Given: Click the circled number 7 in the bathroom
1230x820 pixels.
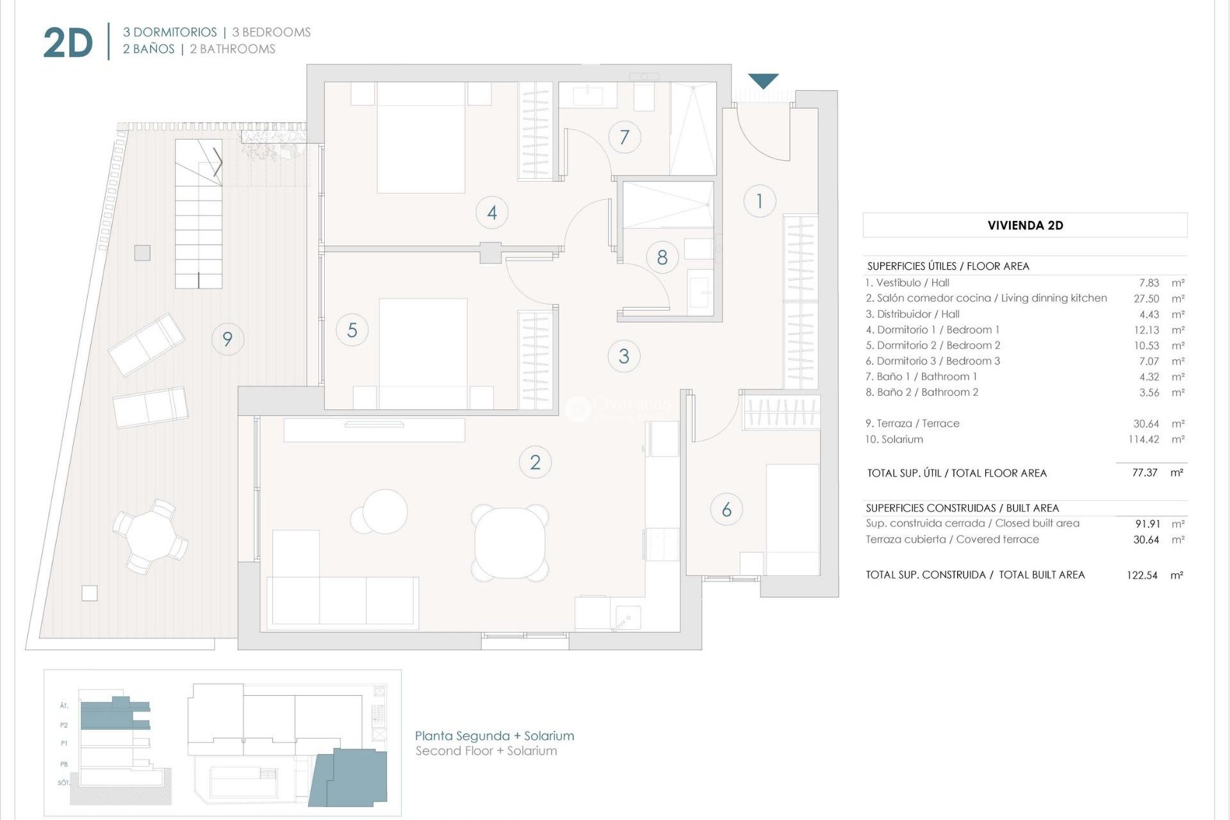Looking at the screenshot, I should point(624,137).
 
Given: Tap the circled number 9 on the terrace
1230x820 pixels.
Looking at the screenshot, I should point(227,339).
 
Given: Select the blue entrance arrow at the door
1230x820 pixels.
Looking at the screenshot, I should point(763,81).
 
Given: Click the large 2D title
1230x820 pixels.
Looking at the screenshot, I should point(68,44).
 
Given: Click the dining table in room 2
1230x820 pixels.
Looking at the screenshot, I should point(511,543).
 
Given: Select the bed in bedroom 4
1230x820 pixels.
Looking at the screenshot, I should point(421,138).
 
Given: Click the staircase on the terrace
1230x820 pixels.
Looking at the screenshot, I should point(199,215).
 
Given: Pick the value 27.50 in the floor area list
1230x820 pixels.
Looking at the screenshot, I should point(1146,299).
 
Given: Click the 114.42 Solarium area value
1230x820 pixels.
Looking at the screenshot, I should point(1143,439).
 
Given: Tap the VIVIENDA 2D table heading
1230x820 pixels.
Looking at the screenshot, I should point(1025,225).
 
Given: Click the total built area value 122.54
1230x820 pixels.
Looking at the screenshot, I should point(1142,575).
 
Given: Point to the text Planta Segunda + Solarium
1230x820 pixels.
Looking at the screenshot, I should point(494,736).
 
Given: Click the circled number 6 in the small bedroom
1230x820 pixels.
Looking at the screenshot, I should point(726,510).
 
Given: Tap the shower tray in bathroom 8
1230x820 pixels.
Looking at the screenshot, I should point(668,204).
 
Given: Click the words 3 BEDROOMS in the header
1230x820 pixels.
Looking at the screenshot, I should point(271,32).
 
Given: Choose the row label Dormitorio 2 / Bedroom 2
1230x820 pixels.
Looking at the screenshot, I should point(933,345).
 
